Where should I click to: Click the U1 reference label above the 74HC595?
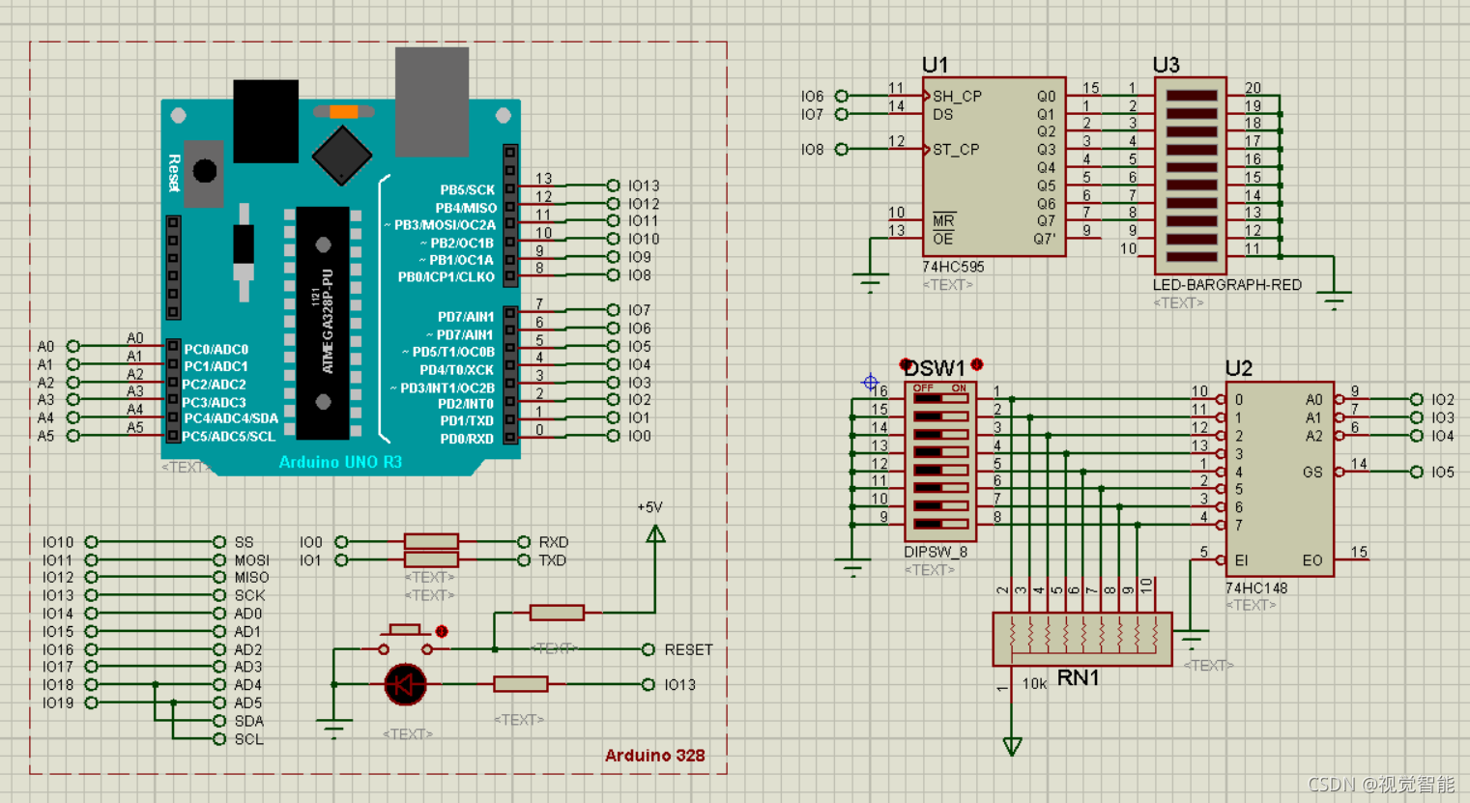(935, 65)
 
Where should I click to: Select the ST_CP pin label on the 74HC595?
(956, 150)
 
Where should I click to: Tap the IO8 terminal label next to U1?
(812, 150)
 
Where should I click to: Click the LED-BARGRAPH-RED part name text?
(1226, 285)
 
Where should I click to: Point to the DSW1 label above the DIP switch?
(935, 368)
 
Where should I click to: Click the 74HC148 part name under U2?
(1255, 588)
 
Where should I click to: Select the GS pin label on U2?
(1312, 473)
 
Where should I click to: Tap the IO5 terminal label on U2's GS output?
(1442, 473)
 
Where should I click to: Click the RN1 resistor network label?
(1078, 678)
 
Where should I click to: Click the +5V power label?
(649, 507)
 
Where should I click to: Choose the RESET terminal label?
(688, 649)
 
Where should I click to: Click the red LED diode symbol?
(405, 684)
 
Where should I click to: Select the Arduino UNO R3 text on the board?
(340, 462)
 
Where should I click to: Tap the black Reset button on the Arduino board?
(205, 171)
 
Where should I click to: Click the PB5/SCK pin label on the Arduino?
(467, 189)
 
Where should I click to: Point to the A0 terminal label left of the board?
(45, 346)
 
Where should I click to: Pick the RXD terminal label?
(553, 542)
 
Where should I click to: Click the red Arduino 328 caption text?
(654, 756)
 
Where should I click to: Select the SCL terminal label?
(248, 739)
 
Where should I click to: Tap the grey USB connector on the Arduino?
(432, 100)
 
